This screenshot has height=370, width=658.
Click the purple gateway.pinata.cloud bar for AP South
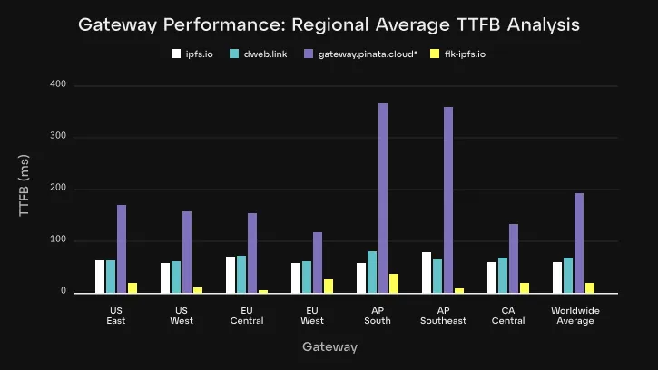(383, 199)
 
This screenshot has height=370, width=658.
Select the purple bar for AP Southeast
(448, 200)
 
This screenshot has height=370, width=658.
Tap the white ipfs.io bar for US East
(100, 277)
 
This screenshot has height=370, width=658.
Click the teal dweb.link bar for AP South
(372, 272)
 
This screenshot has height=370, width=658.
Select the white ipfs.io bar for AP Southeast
(427, 272)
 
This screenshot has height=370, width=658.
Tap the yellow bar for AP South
(394, 283)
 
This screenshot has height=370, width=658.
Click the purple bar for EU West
(318, 263)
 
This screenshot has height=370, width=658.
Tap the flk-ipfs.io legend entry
(458, 54)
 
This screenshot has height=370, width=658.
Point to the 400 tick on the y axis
(58, 85)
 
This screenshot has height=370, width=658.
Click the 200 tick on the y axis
(58, 189)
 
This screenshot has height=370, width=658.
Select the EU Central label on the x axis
(247, 316)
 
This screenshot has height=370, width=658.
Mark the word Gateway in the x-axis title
(329, 347)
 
